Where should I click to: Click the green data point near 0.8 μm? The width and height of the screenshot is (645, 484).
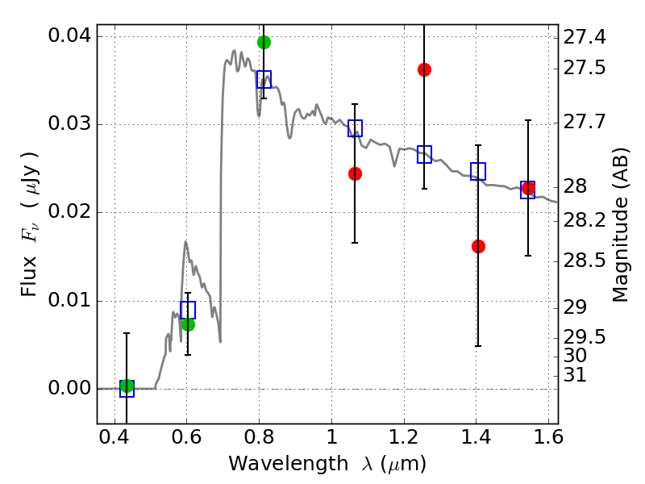[264, 42]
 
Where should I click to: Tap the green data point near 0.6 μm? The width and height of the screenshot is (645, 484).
[188, 324]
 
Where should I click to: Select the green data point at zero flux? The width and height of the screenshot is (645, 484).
[127, 386]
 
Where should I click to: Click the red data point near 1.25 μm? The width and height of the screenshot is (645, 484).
[424, 69]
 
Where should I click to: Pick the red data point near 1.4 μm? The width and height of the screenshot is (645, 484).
[478, 246]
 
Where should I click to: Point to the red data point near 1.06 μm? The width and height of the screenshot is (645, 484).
[355, 173]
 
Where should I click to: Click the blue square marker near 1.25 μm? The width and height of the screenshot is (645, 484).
[424, 155]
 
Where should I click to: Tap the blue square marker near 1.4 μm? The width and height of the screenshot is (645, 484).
[478, 171]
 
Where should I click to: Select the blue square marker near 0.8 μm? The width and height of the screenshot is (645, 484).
[264, 79]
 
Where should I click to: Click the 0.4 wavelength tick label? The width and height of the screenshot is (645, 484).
[114, 441]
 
